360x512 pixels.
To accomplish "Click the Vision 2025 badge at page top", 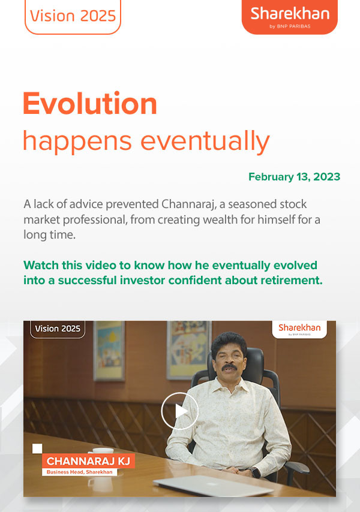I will pos(73,16).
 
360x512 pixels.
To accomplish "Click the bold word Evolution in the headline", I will pos(90,104).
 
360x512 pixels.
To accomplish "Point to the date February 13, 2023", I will pos(294,177).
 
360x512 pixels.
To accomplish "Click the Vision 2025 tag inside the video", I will pos(57,329).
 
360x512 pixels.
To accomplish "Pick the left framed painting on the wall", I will pos(109,351).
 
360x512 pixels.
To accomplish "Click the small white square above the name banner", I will pos(37,448).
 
